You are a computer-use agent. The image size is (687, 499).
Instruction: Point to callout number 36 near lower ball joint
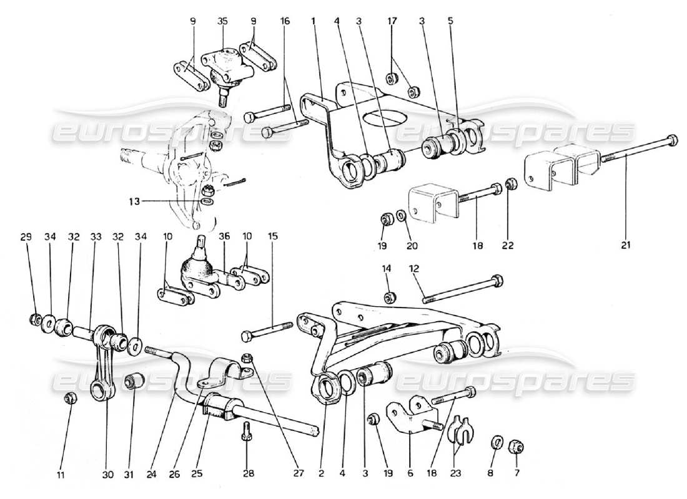225,236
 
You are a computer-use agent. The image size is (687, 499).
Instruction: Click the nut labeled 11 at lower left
71,398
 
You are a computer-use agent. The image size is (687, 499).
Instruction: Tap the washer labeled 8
497,442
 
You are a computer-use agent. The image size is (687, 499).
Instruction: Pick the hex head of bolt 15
247,337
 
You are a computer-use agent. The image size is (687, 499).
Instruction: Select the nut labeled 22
510,185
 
